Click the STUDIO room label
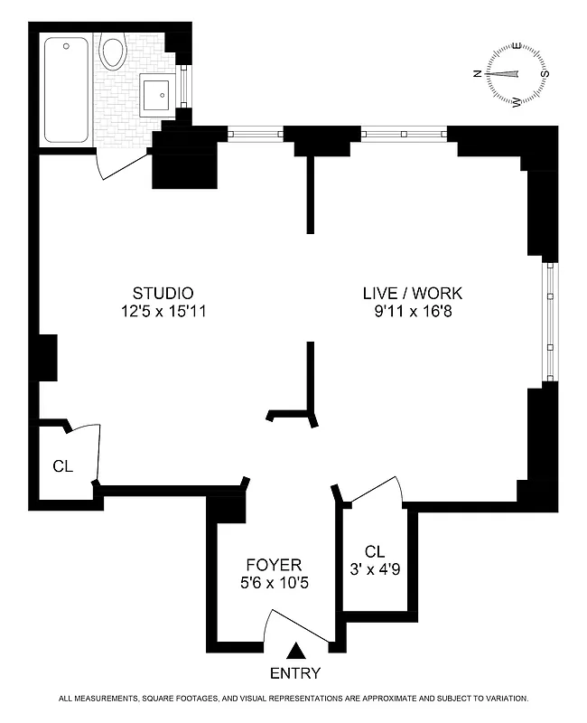point(163,293)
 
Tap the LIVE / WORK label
point(412,293)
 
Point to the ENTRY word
point(295,673)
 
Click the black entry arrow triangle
point(295,650)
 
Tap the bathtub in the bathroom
point(66,89)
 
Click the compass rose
point(517,74)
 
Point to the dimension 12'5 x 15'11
point(163,312)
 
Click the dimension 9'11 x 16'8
point(412,312)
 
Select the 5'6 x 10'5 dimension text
point(271,584)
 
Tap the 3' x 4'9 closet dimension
point(376,569)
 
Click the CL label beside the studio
point(62,466)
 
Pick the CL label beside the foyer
point(376,551)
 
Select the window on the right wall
point(550,321)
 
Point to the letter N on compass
point(478,75)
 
